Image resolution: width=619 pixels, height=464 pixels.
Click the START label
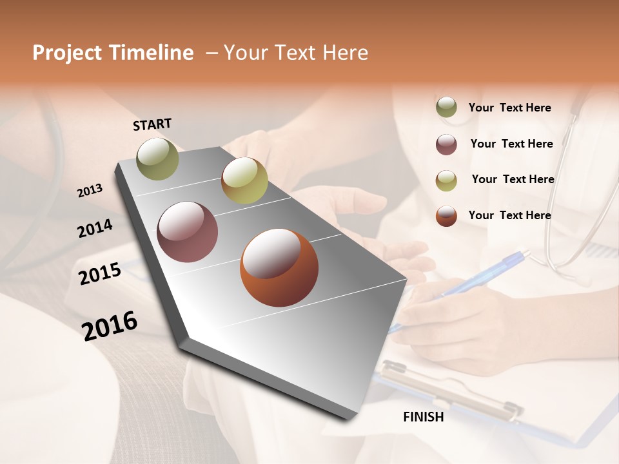(152, 124)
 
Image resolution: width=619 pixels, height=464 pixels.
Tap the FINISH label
(423, 417)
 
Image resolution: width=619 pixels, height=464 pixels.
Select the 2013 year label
(90, 190)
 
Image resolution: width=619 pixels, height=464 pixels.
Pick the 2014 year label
(95, 228)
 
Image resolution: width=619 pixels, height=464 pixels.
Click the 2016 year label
(110, 325)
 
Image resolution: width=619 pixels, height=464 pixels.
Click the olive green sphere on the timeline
(157, 159)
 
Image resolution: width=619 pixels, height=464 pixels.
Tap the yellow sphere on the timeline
(244, 180)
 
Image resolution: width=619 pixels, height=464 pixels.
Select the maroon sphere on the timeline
(187, 232)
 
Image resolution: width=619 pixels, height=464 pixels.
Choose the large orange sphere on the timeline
(279, 267)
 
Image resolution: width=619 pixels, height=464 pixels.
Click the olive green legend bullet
(446, 108)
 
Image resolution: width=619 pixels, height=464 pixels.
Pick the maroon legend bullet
(446, 144)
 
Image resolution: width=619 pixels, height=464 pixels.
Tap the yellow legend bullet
(446, 180)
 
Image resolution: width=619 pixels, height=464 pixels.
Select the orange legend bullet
(446, 216)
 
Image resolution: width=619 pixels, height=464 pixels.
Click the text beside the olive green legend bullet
(509, 108)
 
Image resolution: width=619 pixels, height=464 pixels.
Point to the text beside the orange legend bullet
(509, 215)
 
